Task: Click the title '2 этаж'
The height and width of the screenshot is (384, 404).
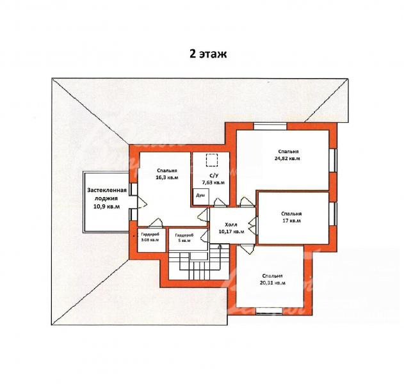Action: tap(208, 54)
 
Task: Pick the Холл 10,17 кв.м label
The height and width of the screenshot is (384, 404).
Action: tap(231, 228)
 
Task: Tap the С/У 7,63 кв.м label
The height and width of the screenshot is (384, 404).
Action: tap(213, 179)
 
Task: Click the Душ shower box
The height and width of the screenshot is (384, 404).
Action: tap(201, 196)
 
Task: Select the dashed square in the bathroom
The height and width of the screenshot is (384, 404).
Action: tap(212, 160)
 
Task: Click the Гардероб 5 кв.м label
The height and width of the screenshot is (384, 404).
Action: tap(184, 237)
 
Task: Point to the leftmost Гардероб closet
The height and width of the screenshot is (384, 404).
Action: tap(152, 240)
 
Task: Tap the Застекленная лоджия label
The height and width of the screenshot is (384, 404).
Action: tap(107, 194)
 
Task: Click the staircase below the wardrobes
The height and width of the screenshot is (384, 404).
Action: tap(198, 262)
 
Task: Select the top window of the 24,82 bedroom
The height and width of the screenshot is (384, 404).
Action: tap(270, 126)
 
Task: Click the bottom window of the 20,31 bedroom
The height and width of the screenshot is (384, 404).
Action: tap(269, 311)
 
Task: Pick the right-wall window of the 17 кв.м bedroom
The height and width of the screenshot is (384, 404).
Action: tap(333, 214)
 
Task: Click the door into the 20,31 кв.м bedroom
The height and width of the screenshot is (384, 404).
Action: tap(247, 248)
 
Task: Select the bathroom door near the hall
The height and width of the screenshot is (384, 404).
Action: tap(220, 203)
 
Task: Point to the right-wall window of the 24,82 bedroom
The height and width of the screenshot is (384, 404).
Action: tap(333, 160)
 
